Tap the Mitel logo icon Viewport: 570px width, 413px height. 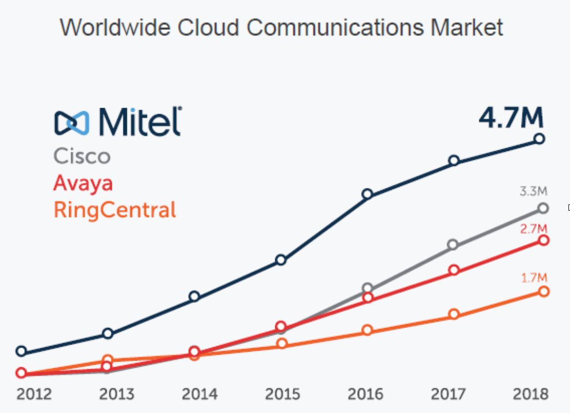72,122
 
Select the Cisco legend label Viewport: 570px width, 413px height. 82,156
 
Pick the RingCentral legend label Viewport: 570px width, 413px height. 114,210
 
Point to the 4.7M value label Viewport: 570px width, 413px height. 510,118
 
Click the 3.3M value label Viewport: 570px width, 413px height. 533,192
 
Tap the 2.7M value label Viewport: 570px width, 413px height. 533,229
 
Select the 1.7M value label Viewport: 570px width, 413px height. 534,278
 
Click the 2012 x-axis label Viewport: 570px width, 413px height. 34,394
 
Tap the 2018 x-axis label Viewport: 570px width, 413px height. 531,394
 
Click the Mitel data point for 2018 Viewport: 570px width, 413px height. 540,139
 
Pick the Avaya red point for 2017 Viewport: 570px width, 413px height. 454,270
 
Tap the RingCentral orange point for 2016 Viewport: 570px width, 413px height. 367,330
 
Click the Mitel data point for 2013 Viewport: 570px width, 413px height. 108,334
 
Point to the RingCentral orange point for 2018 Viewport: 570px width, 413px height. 543,291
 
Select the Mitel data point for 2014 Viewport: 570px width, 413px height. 194,296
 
